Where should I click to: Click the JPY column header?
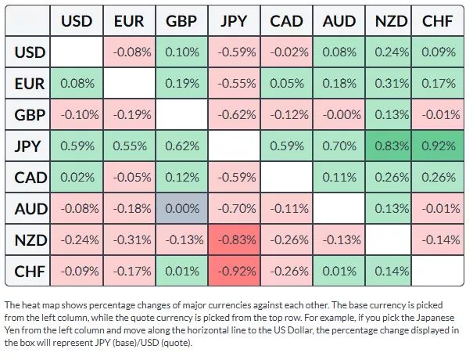(234, 21)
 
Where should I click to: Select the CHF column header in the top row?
(440, 21)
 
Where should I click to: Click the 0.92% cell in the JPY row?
(440, 146)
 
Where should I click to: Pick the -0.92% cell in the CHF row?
(234, 271)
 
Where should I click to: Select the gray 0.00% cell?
(181, 208)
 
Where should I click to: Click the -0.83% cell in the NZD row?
(234, 239)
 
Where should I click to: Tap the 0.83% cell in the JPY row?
(391, 146)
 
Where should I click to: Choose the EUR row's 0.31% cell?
(391, 83)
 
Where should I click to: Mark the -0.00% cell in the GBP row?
(339, 114)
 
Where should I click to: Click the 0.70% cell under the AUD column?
(339, 146)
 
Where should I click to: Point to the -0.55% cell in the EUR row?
(234, 83)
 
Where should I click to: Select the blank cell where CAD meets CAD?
(286, 177)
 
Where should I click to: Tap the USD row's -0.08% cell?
(129, 52)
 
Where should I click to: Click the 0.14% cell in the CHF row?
(391, 271)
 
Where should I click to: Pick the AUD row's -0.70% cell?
(234, 208)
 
